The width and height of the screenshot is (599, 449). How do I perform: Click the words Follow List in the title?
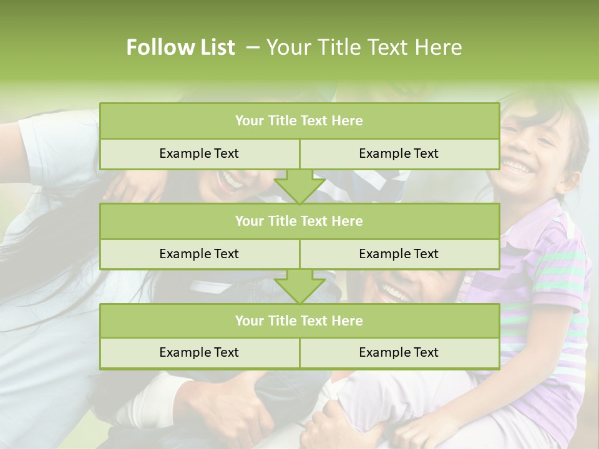[180, 47]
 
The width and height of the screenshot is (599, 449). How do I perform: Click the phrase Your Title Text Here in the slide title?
[364, 47]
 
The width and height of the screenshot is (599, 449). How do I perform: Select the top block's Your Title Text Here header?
[299, 121]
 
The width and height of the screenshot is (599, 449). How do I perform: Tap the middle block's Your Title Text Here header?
[299, 221]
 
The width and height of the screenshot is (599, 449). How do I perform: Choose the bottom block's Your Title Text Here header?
[299, 321]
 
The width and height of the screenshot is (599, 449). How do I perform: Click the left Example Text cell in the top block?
[199, 153]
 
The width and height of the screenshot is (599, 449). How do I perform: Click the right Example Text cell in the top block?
[399, 153]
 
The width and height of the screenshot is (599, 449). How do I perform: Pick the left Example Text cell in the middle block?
[199, 254]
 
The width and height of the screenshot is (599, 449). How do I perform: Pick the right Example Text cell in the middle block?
[399, 254]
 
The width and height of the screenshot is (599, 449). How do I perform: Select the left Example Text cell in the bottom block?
[199, 352]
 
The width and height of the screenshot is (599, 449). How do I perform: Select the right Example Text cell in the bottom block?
[399, 352]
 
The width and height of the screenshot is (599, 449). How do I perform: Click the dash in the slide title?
[253, 47]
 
